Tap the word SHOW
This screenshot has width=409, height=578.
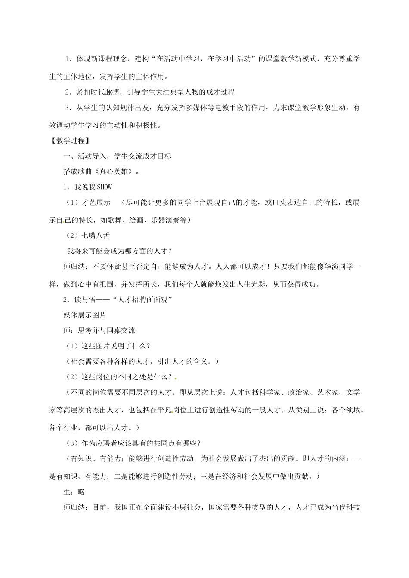coord(105,187)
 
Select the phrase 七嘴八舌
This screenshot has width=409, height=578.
coord(96,235)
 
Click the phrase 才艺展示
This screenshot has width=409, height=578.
coord(96,203)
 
